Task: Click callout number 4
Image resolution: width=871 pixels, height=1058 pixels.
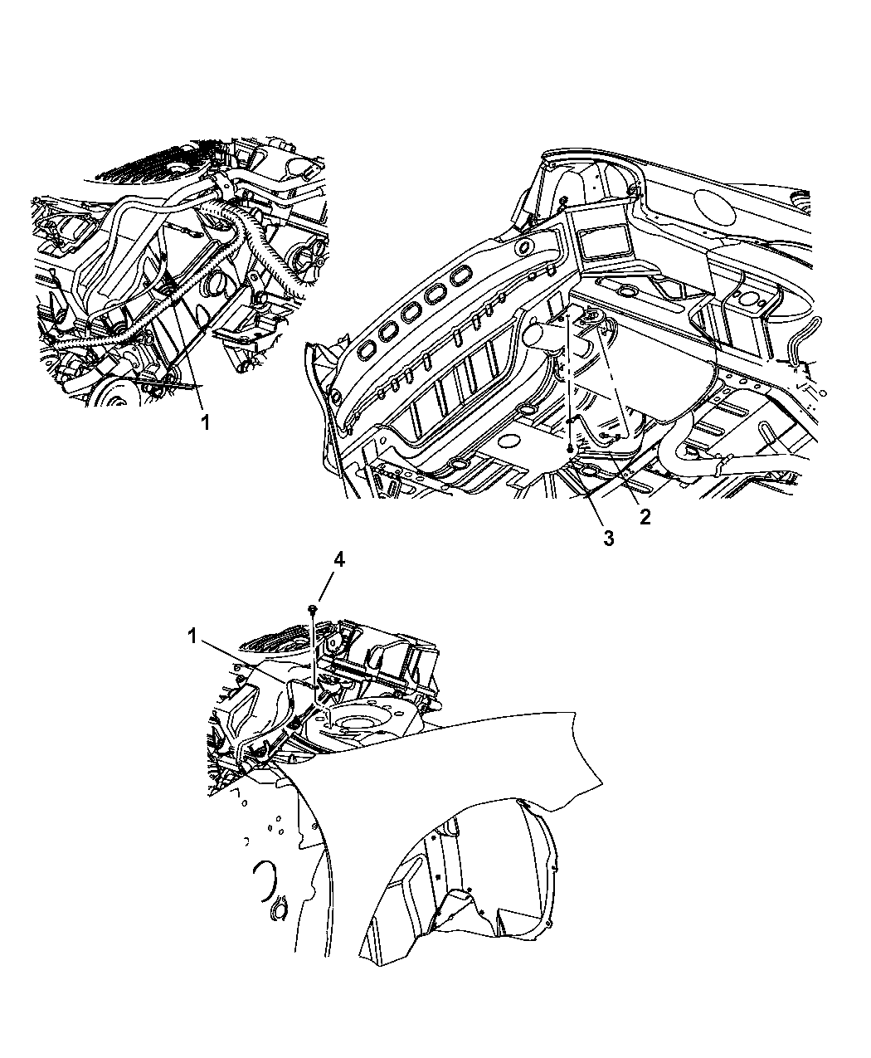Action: [x=339, y=560]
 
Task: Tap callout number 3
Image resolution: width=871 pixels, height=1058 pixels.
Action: [x=609, y=538]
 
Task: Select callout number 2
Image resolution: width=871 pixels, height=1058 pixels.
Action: [x=645, y=517]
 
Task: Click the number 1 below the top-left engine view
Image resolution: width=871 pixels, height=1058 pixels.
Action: [x=205, y=422]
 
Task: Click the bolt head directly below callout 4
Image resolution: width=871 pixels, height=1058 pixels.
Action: [x=314, y=607]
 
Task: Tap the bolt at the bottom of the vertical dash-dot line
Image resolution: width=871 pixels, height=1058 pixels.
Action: [x=571, y=448]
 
